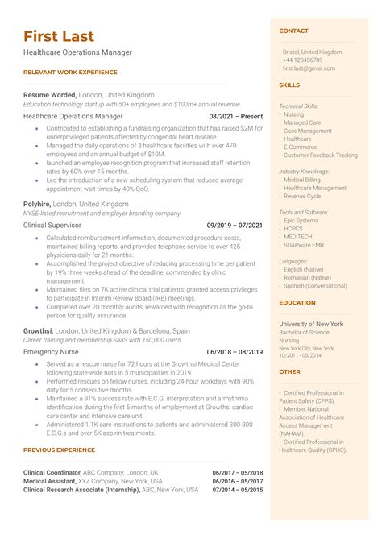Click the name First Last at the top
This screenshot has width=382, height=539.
[x=59, y=36]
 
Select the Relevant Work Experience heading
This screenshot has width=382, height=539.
[x=71, y=72]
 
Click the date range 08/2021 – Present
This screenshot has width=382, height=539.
[x=236, y=116]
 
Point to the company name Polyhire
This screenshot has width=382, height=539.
[x=38, y=204]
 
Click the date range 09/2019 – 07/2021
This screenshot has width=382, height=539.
[x=235, y=226]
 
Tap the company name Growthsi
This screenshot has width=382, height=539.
[x=39, y=330]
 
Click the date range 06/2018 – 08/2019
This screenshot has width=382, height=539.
[x=235, y=352]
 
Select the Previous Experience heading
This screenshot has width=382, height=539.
[x=60, y=450]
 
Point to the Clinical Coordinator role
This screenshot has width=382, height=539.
[x=53, y=472]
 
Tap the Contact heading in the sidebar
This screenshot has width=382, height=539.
[x=293, y=31]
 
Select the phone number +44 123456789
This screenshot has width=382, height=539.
[x=304, y=60]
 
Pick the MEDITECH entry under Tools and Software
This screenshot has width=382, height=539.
[x=298, y=237]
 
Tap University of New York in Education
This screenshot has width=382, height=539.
[x=310, y=323]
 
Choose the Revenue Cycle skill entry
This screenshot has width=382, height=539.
[x=302, y=196]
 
